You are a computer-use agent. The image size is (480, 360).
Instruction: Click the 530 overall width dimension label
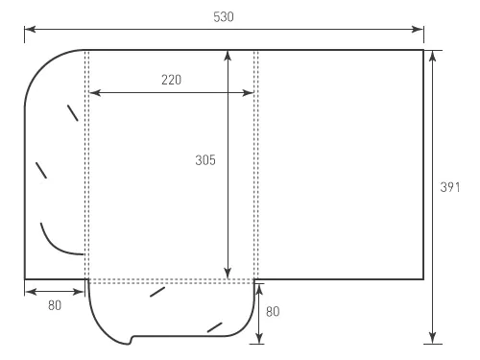click(x=224, y=16)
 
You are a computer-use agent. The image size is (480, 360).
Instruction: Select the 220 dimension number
click(x=172, y=80)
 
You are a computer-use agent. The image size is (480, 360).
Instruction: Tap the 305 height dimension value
click(x=204, y=161)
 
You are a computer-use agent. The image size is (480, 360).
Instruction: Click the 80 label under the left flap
click(x=54, y=306)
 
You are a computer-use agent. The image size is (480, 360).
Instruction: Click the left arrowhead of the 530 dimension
click(x=29, y=30)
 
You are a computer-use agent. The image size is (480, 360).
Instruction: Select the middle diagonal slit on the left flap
click(x=41, y=171)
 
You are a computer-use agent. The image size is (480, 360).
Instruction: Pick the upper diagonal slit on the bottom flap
click(x=157, y=291)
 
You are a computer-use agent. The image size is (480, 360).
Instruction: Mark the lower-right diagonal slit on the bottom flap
click(x=215, y=327)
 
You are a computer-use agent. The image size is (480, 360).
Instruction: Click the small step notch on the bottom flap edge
click(x=133, y=338)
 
